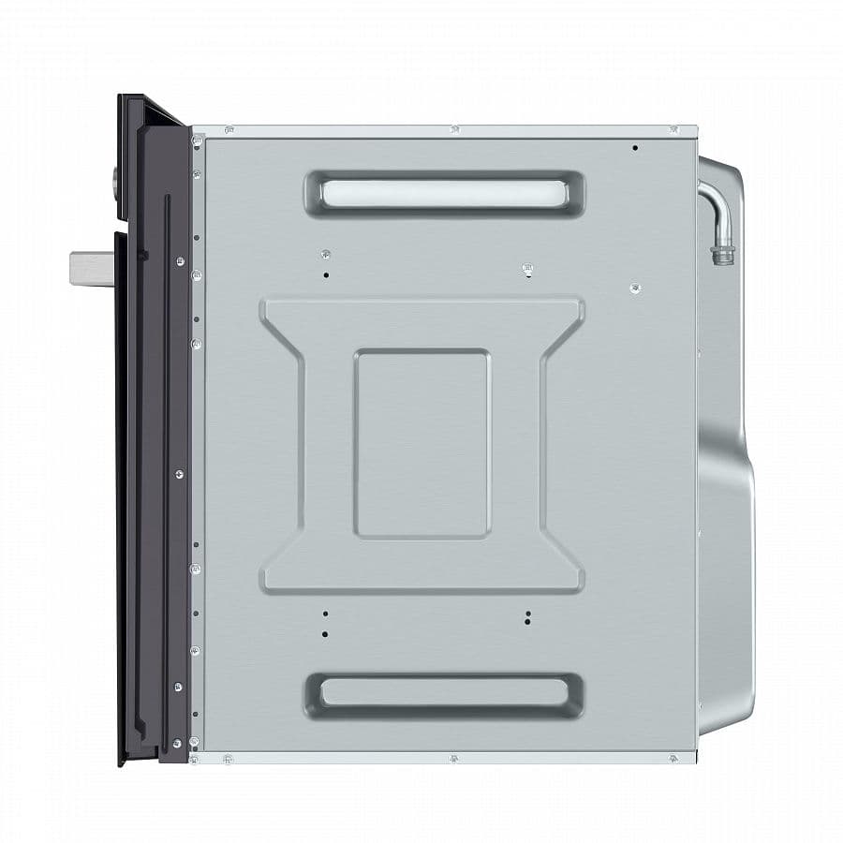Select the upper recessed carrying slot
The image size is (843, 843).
[443, 193]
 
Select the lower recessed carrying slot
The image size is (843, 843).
[443, 693]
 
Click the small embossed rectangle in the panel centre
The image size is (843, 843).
[421, 443]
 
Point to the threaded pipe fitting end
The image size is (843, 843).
[722, 254]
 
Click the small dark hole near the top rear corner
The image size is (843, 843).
[635, 148]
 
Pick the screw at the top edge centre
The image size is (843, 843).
[453, 129]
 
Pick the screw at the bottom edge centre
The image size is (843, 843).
[453, 757]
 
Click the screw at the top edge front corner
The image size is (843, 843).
[229, 130]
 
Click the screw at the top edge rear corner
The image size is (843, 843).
[673, 129]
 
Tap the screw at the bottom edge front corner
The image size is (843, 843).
[228, 757]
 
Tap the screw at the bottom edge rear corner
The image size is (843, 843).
[673, 757]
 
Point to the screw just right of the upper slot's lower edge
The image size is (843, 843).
[635, 288]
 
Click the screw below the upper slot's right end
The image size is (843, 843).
[528, 270]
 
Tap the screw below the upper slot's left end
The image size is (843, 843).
[325, 255]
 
